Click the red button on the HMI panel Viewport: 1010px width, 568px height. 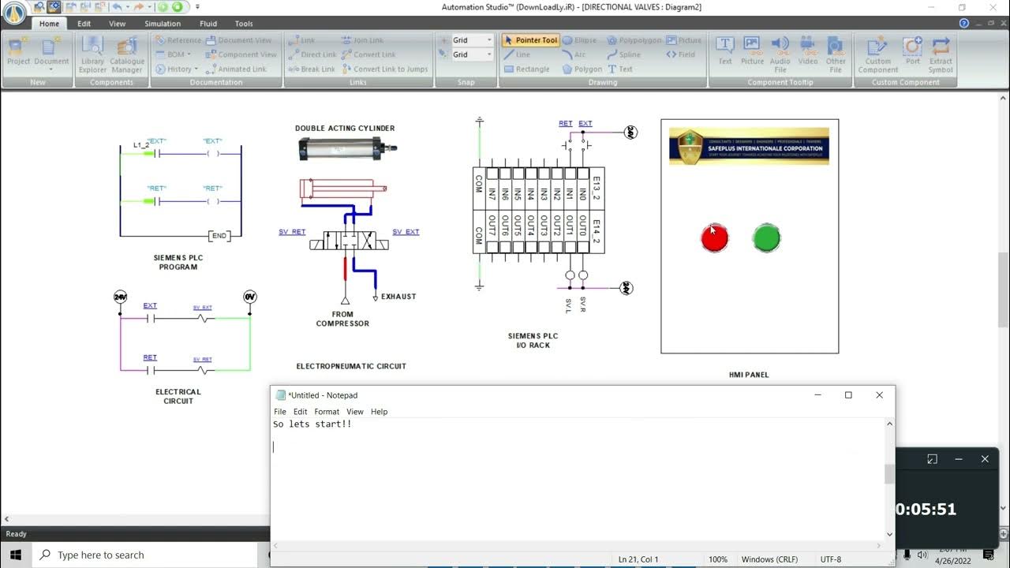coord(714,237)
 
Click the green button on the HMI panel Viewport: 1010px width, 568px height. coord(766,237)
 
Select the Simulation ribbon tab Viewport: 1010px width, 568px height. coord(163,24)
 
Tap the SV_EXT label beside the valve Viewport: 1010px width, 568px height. coord(406,232)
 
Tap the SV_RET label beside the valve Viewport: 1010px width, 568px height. coord(292,232)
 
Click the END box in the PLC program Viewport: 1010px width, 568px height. coord(219,236)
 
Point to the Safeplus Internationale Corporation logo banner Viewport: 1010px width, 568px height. coord(749,146)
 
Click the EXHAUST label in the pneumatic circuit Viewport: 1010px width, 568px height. coord(398,297)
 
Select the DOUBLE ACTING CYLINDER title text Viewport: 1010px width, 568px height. coord(345,128)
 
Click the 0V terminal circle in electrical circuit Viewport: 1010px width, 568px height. coord(249,297)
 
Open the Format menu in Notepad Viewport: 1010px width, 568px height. coord(327,412)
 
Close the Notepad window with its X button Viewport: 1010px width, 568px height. coord(879,395)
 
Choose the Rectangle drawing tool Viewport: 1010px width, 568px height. coord(526,69)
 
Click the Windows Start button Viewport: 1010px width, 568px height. coord(16,555)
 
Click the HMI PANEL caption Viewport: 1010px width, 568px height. coord(749,375)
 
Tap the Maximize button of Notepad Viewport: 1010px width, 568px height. coord(848,395)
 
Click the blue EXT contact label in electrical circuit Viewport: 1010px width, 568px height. coord(150,305)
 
